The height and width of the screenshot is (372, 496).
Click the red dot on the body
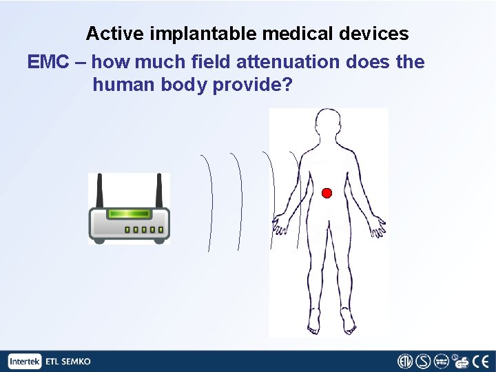pyautogui.click(x=327, y=192)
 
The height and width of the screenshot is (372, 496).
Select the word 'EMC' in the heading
pyautogui.click(x=48, y=62)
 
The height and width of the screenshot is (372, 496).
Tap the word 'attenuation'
pyautogui.click(x=287, y=62)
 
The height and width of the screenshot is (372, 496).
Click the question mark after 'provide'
pyautogui.click(x=287, y=85)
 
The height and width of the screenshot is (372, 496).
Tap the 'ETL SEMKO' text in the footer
pyautogui.click(x=68, y=362)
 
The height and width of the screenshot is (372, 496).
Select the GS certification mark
pyautogui.click(x=462, y=362)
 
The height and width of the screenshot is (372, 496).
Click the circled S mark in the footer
pyautogui.click(x=424, y=361)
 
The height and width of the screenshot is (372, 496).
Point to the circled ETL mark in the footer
pyautogui.click(x=406, y=361)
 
